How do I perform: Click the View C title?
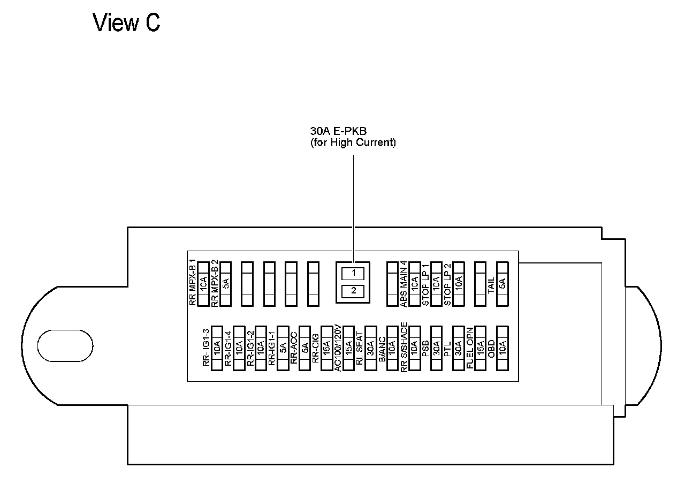click(127, 23)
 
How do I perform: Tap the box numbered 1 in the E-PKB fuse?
click(353, 273)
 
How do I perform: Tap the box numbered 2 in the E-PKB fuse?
click(353, 291)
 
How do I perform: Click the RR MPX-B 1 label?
click(193, 283)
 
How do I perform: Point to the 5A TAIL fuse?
click(502, 284)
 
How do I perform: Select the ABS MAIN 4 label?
click(404, 284)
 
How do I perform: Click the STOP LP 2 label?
click(447, 284)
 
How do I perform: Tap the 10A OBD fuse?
click(502, 348)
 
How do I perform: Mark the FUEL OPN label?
click(469, 348)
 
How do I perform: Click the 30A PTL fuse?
click(458, 348)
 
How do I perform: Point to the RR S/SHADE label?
click(404, 346)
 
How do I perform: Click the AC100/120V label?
click(338, 348)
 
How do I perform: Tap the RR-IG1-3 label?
click(206, 348)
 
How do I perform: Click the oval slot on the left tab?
click(65, 345)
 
